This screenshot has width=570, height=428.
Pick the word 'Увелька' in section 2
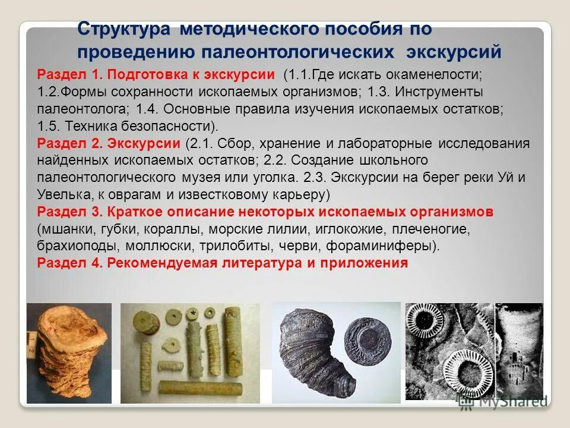(x=63, y=194)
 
